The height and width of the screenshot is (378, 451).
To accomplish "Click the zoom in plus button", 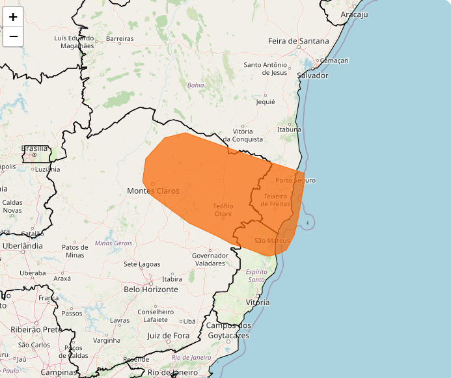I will pos(13,17).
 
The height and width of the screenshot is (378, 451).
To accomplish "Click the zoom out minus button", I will pos(13,36).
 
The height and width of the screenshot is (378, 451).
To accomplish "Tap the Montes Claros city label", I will pos(153,191).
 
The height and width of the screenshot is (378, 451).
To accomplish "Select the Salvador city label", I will pos(312,75).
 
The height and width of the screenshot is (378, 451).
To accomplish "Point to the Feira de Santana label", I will pos(299,41).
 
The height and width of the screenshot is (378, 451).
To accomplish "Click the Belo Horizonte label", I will pos(151,289).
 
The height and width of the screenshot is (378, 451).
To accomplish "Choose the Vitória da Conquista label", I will pos(243,135).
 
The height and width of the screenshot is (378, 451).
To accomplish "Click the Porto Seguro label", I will pos(295,180).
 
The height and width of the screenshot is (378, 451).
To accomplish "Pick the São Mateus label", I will pos(271,241).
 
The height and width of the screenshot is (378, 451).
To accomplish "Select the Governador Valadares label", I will pos(210,259).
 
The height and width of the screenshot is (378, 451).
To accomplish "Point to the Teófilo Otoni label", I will pos(223,209).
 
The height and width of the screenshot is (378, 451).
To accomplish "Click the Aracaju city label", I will pos(355,14).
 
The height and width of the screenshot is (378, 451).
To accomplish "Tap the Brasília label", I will pos(34,148).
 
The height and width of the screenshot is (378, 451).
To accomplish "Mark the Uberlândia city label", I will pos(22,246).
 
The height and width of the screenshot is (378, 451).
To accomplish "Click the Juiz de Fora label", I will pos(168,336).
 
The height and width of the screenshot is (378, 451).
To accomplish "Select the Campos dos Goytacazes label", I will pos(228,331).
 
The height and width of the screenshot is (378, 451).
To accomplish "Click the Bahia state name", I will pos(195,85).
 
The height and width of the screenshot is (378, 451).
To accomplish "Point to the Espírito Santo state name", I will pos(257,275).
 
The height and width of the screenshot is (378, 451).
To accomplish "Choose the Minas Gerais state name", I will pos(113,243).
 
